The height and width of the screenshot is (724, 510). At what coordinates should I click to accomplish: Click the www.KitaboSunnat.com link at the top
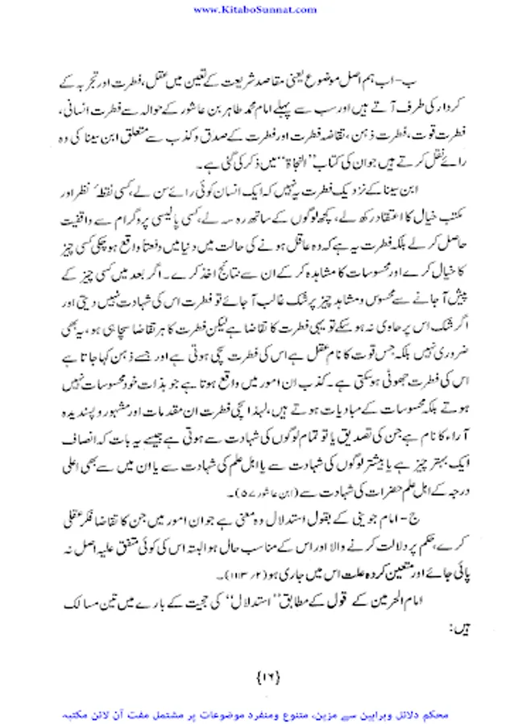pos(254,10)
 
